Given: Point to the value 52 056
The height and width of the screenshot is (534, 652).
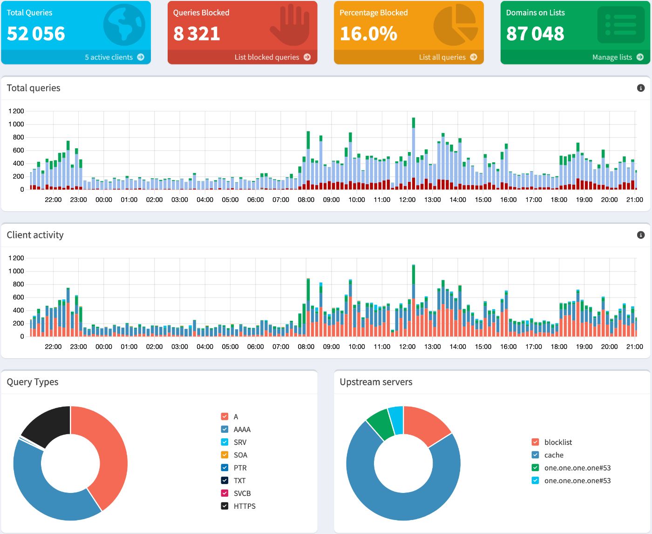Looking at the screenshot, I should click(36, 34).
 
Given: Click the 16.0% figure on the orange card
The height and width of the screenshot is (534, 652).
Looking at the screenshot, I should click(368, 34).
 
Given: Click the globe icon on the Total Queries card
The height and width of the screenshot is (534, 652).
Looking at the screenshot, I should click(124, 25).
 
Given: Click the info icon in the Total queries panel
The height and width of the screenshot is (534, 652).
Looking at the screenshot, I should click(640, 88).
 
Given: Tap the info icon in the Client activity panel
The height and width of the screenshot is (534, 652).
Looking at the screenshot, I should click(640, 235).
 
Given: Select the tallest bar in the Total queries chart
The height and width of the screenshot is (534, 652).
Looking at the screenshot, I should click(414, 154).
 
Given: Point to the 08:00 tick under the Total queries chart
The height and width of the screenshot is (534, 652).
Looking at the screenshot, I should click(306, 200).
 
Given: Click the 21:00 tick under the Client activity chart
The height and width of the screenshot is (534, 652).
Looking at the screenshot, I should click(634, 347).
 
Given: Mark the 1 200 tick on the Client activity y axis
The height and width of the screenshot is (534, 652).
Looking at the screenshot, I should click(16, 258).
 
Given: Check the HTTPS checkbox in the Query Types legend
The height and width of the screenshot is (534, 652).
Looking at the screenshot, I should click(224, 506).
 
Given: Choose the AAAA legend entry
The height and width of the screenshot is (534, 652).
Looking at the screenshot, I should click(242, 430).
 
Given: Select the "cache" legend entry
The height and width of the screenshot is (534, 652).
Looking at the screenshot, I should click(553, 455).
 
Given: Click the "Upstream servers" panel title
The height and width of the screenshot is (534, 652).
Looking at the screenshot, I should click(376, 382).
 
